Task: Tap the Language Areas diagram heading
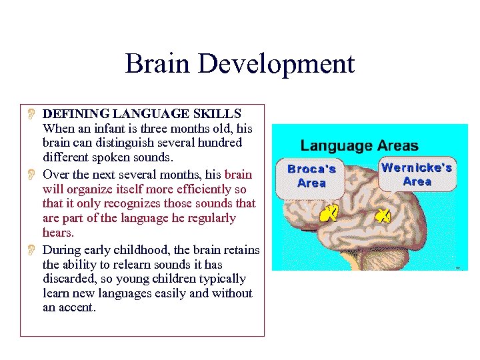pyautogui.click(x=359, y=145)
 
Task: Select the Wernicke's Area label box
pyautogui.click(x=417, y=175)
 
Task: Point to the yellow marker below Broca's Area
pyautogui.click(x=329, y=213)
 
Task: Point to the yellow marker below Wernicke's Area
pyautogui.click(x=383, y=215)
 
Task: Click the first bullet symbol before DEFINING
pyautogui.click(x=31, y=114)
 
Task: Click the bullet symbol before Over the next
pyautogui.click(x=31, y=175)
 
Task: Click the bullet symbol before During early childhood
pyautogui.click(x=31, y=250)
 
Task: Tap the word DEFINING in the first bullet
pyautogui.click(x=74, y=114)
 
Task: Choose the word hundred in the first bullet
pyautogui.click(x=220, y=143)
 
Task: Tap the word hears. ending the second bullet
pyautogui.click(x=59, y=233)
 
